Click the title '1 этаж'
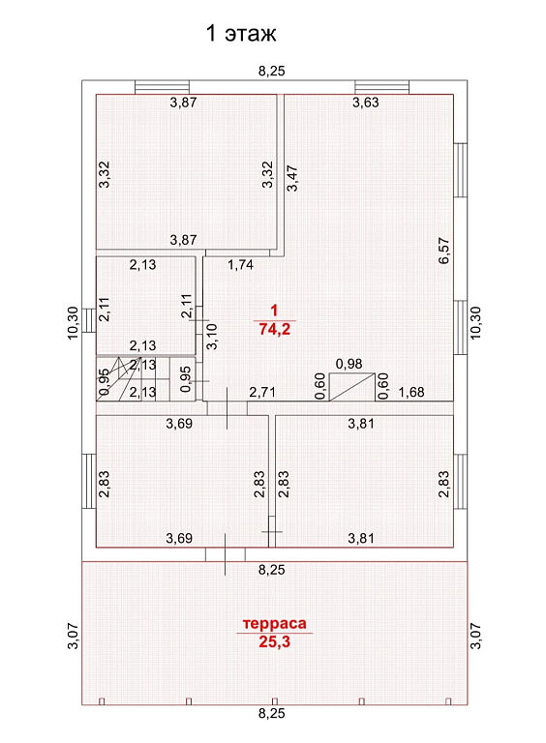[241, 34]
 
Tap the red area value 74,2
[274, 329]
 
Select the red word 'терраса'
[274, 624]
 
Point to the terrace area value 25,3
[274, 641]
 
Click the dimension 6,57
[444, 251]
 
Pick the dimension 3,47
[292, 178]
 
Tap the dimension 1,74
[240, 264]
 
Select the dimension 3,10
[212, 336]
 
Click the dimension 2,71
[262, 393]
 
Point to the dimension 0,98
[349, 364]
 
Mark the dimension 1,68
[411, 393]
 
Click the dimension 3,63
[365, 103]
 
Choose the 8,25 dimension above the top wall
[272, 71]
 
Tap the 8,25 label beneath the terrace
[272, 713]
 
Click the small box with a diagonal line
[352, 387]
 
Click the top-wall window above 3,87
[162, 87]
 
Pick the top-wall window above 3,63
[382, 87]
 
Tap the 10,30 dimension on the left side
[73, 323]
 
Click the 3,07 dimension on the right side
[476, 636]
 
